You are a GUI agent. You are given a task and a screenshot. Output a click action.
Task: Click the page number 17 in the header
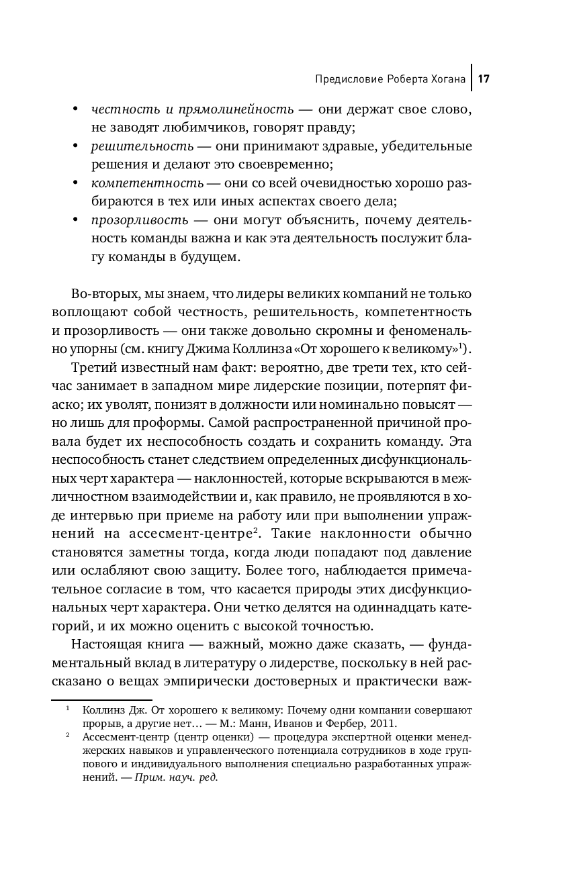pos(484,80)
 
